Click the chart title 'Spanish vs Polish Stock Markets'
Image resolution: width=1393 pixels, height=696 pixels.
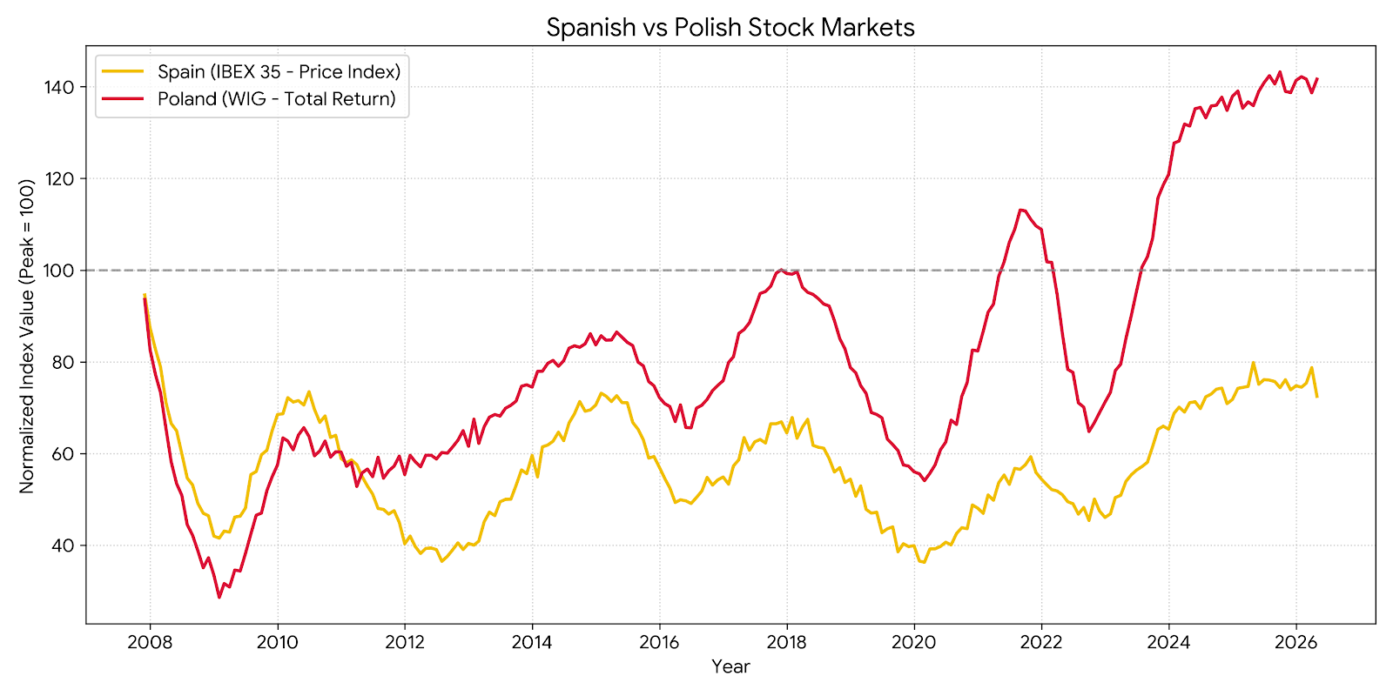(x=730, y=27)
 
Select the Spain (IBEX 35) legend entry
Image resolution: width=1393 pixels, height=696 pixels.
(x=252, y=71)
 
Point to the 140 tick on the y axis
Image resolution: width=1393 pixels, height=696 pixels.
(x=58, y=87)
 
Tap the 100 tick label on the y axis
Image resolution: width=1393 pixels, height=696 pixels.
(x=58, y=271)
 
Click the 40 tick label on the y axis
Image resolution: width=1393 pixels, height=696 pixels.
(x=63, y=545)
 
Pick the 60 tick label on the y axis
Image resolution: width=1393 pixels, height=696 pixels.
(x=63, y=453)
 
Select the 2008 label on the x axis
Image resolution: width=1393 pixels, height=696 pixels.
(x=150, y=642)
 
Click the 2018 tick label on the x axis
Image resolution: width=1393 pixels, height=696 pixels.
(x=787, y=642)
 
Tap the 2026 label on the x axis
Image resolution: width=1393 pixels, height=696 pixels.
(x=1296, y=642)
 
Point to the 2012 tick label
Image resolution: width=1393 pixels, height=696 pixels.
(x=404, y=642)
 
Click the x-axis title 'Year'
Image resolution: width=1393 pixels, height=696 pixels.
(x=730, y=666)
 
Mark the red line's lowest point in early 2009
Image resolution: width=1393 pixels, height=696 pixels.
(x=219, y=597)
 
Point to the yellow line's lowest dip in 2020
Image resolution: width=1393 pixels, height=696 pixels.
(x=924, y=562)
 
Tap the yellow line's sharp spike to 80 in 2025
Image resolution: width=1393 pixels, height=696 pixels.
(x=1253, y=362)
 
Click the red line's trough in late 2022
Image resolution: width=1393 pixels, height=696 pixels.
(x=1089, y=432)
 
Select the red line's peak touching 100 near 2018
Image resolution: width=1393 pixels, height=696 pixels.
(x=781, y=270)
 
